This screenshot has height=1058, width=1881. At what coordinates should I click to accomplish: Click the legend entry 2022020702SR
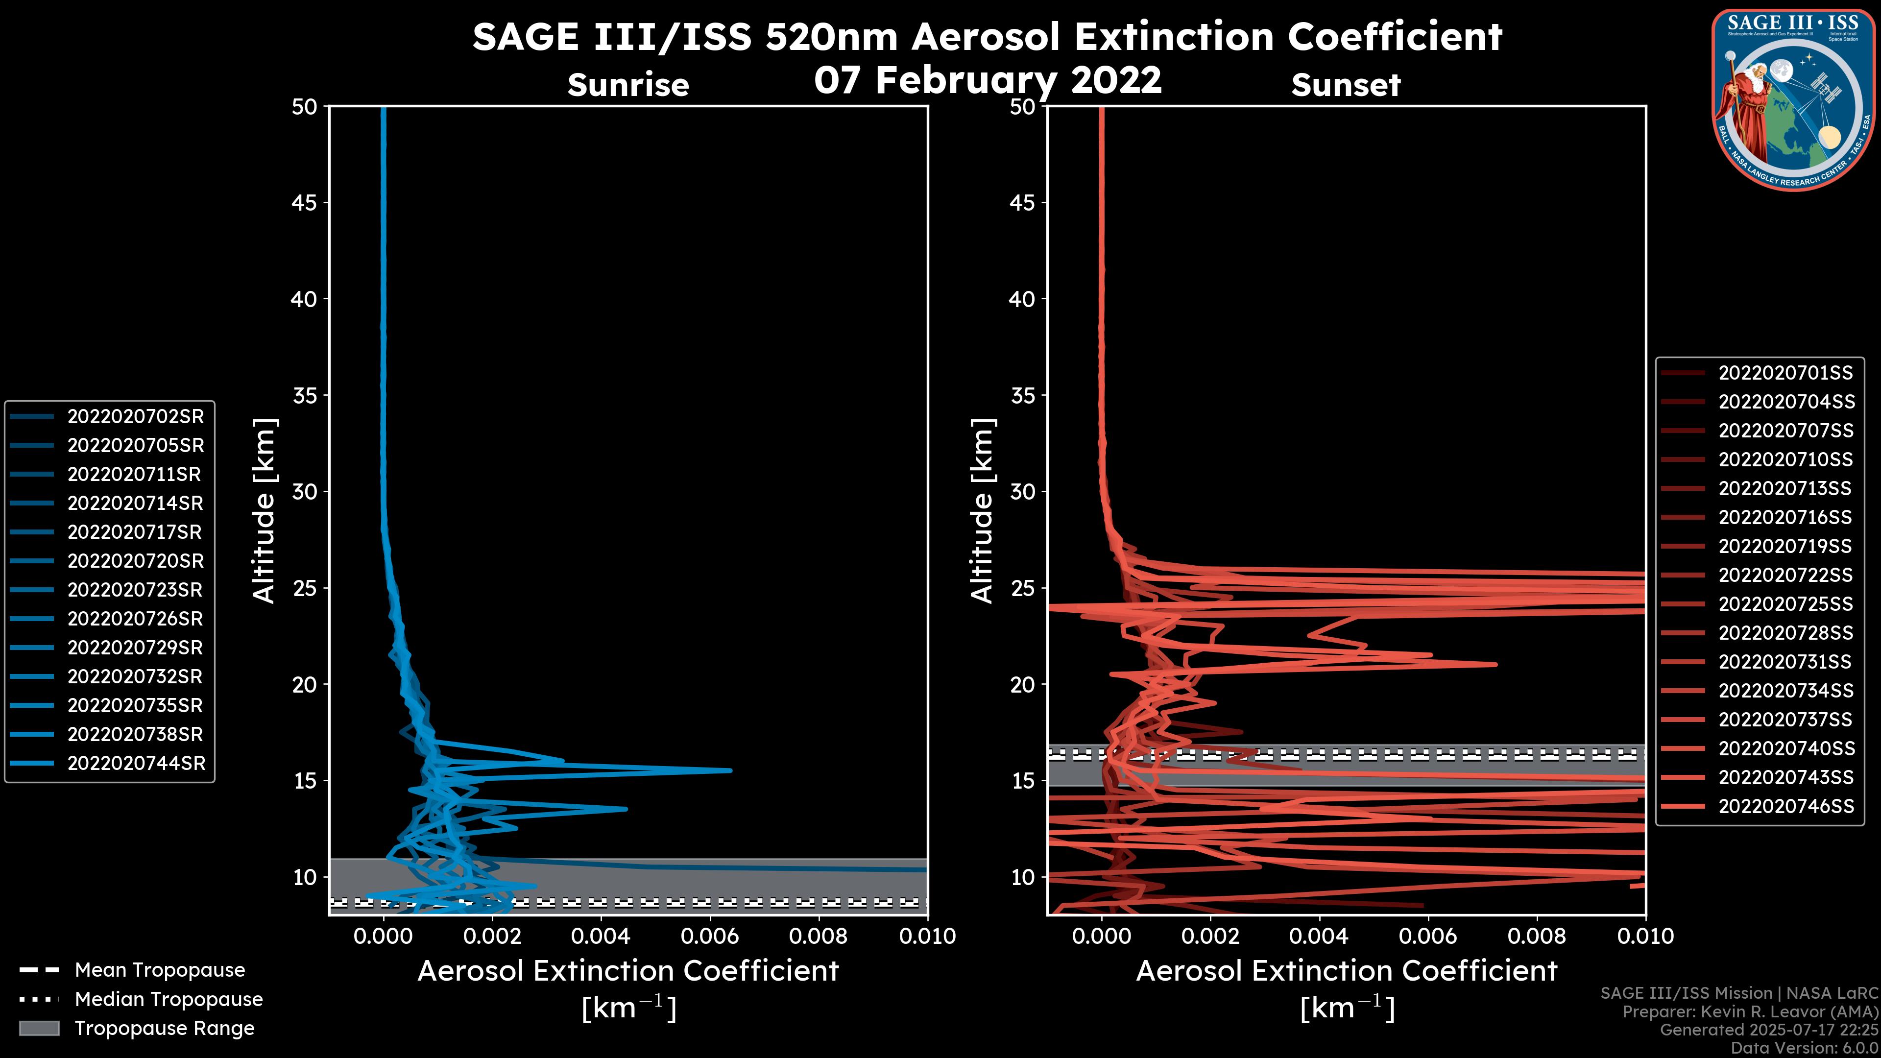(135, 417)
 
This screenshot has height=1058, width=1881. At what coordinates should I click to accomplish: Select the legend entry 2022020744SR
(136, 764)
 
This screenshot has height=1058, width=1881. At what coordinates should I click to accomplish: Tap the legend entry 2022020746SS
(1785, 806)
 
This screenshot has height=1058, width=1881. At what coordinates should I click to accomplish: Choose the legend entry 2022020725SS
(1785, 604)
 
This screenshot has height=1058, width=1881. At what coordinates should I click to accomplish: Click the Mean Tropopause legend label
(160, 970)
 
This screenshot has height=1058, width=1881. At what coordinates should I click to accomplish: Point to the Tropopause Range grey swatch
(39, 1029)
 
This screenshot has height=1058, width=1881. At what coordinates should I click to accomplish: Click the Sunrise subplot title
(628, 85)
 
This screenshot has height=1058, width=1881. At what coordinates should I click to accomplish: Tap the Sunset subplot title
(1346, 85)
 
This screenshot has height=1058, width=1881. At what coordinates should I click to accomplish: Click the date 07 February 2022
(987, 79)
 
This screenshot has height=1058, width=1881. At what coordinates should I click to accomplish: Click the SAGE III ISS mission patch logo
(1793, 99)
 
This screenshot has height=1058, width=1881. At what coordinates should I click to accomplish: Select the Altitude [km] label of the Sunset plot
(982, 510)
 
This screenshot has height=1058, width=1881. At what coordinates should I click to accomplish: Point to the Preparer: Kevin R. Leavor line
(1750, 1012)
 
